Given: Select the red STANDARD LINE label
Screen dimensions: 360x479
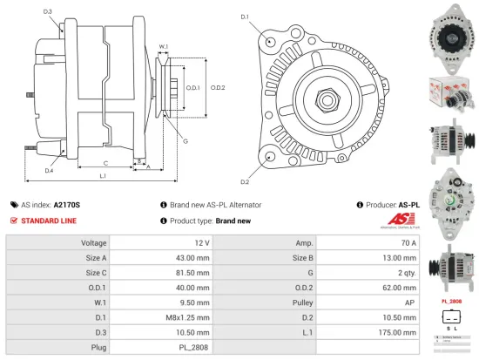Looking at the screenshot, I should coord(48,221).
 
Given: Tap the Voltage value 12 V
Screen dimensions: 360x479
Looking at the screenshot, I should coord(201,242).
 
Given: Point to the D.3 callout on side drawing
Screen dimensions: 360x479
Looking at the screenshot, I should coord(47,11).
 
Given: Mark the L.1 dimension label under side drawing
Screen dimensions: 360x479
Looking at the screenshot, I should coord(103,177).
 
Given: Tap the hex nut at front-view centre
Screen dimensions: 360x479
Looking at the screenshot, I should coord(329,98).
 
